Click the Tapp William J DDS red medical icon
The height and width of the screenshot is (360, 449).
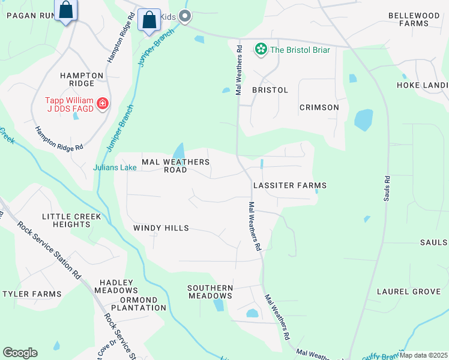(103, 104)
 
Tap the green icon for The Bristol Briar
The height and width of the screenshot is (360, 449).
(261, 49)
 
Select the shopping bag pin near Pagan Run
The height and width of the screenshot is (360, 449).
(66, 11)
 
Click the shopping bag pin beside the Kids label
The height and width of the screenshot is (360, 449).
(149, 20)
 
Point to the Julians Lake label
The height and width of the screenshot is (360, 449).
(115, 168)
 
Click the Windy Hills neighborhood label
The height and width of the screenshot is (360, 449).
(161, 228)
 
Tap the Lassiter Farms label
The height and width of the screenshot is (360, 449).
(289, 186)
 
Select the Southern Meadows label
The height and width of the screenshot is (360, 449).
(210, 292)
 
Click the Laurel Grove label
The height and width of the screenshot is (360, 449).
(408, 292)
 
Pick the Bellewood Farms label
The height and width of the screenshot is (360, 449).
(417, 19)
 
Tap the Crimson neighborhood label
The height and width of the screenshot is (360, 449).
(319, 107)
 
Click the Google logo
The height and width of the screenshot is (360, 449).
(20, 353)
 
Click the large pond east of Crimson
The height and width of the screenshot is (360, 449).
(363, 119)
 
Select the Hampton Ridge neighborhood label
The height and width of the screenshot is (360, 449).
(82, 80)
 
